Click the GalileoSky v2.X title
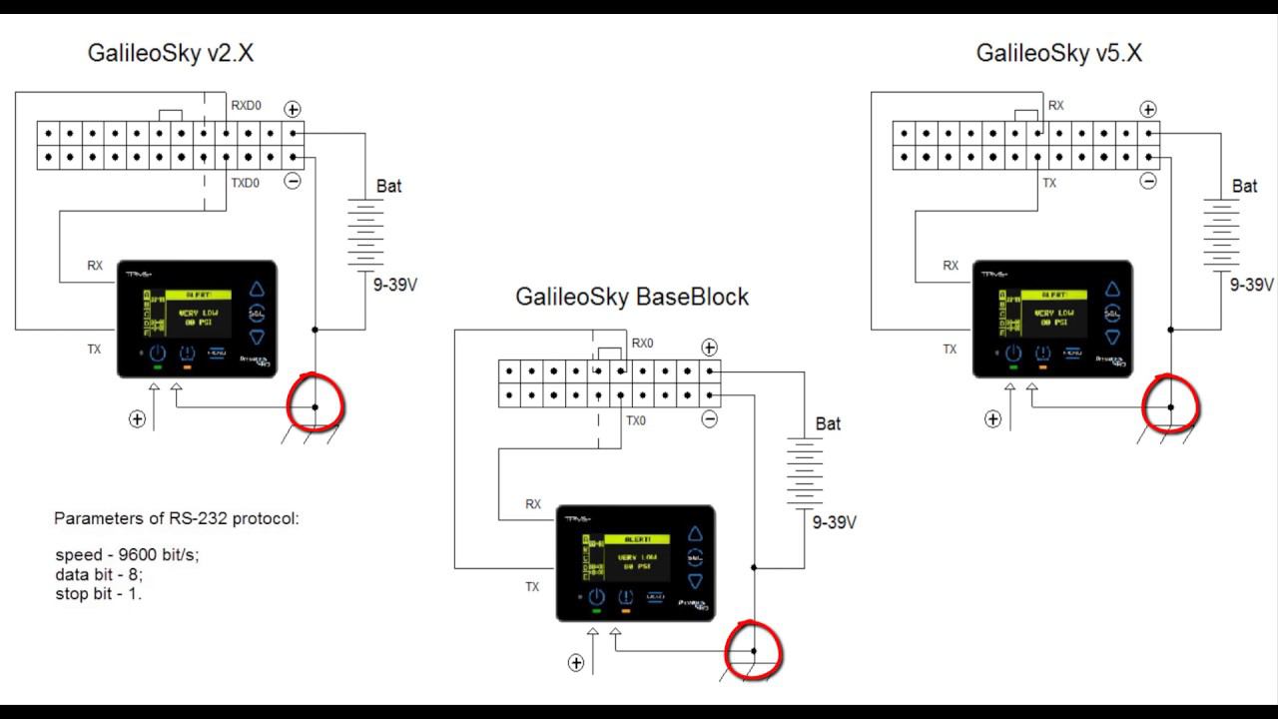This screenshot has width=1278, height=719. point(171,54)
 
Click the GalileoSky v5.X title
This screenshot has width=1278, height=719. point(1058,54)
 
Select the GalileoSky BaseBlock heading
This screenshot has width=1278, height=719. point(631,297)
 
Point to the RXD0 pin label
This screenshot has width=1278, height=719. point(246,105)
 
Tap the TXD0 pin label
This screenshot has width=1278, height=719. point(246,184)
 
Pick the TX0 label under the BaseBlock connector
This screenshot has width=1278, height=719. point(636,420)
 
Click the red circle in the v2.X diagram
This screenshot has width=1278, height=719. point(315,401)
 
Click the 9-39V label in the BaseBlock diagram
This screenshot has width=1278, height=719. point(834,522)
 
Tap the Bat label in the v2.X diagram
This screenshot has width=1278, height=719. point(389,186)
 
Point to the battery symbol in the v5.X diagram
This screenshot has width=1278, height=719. point(1221,234)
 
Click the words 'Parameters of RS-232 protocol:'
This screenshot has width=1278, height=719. point(177,519)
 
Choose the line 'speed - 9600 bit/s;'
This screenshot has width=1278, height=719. point(127,555)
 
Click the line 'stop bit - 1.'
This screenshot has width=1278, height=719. point(99,593)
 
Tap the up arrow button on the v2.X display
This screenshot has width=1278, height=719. point(257,289)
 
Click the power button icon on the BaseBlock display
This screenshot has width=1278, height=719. point(596,597)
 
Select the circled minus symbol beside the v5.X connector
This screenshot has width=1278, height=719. point(1148,181)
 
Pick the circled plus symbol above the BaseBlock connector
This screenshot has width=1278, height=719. point(709,348)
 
